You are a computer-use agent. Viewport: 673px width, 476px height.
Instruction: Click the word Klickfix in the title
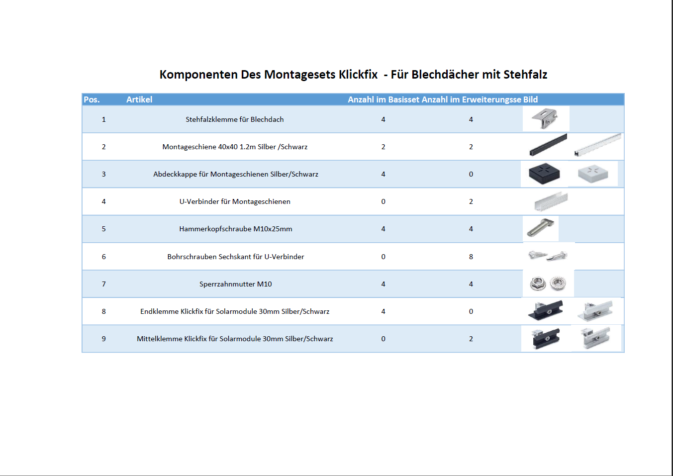tap(358, 75)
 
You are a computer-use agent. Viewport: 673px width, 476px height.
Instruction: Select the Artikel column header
tap(139, 99)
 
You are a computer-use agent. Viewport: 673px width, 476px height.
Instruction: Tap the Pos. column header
tap(92, 99)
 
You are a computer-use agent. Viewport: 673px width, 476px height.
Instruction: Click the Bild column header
tap(530, 99)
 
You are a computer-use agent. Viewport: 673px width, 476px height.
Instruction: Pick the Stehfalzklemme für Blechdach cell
tap(235, 119)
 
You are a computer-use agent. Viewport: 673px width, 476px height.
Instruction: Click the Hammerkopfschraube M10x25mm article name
tap(236, 229)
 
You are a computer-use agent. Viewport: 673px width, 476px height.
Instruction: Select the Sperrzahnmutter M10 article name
tap(236, 284)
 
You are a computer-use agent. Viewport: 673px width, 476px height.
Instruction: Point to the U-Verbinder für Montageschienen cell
tap(235, 201)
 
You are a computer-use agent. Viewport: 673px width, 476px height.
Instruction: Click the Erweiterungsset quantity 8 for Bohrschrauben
tap(471, 257)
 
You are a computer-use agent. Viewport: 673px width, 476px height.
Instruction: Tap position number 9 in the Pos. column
tap(103, 339)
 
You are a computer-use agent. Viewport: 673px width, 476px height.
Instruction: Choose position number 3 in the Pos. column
tap(103, 174)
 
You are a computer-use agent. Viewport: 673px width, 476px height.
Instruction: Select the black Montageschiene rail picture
tap(548, 145)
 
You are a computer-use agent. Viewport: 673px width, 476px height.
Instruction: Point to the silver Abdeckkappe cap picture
tap(593, 174)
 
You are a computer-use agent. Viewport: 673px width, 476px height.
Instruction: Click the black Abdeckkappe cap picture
tap(544, 174)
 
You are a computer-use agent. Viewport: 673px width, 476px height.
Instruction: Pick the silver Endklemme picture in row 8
tap(595, 311)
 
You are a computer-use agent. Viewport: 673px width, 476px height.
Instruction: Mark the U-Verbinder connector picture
tap(551, 201)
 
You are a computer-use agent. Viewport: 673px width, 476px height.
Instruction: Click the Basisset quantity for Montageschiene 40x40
tap(383, 147)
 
